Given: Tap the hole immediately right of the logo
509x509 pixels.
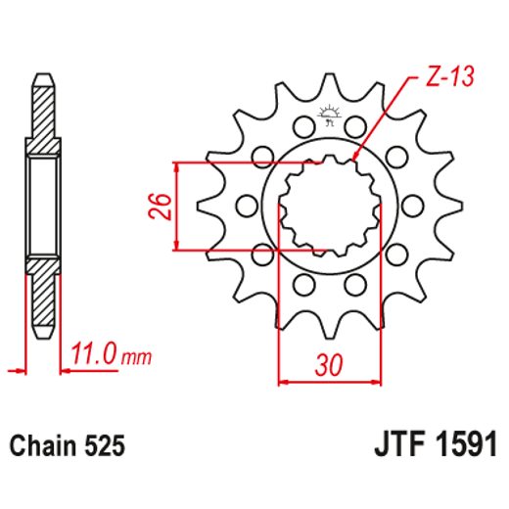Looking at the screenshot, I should click(x=355, y=128).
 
